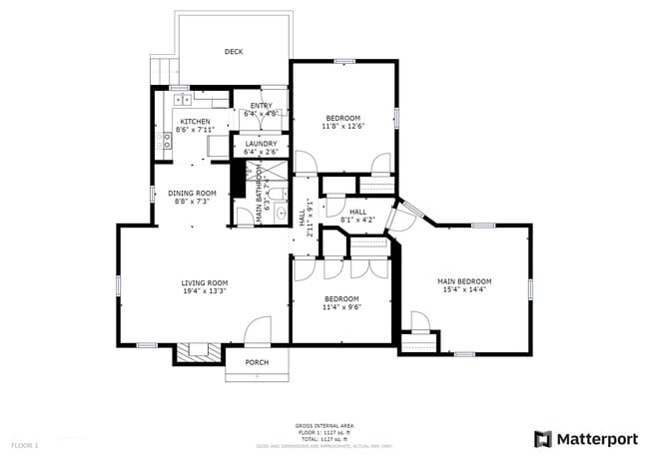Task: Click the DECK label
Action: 234,52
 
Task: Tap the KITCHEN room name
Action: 195,122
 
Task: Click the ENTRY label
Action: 261,106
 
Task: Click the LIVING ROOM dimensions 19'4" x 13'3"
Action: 205,291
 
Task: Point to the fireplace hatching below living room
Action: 200,351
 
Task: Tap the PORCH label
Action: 258,362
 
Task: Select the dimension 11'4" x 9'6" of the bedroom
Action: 341,307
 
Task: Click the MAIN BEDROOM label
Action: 464,281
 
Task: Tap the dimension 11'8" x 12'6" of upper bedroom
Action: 342,127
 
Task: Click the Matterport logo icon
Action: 543,438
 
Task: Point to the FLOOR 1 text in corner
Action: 24,444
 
